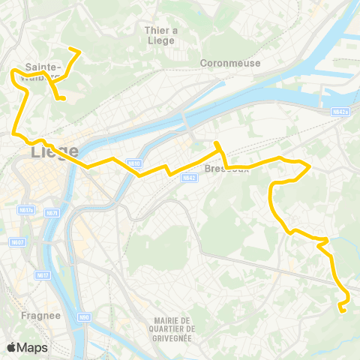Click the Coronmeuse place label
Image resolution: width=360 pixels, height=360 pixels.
pyautogui.click(x=230, y=63)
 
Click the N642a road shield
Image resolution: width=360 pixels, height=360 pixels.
pyautogui.click(x=340, y=112)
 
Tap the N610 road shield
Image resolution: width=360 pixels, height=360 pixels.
pyautogui.click(x=133, y=163)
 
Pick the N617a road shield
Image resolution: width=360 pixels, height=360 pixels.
pyautogui.click(x=27, y=210)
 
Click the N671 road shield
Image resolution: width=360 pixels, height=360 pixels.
pyautogui.click(x=52, y=213)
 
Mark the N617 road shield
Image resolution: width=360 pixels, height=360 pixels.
pyautogui.click(x=43, y=275)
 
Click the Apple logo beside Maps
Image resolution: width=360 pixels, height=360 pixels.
pyautogui.click(x=11, y=347)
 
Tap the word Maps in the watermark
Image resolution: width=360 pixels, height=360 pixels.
pyautogui.click(x=32, y=347)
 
